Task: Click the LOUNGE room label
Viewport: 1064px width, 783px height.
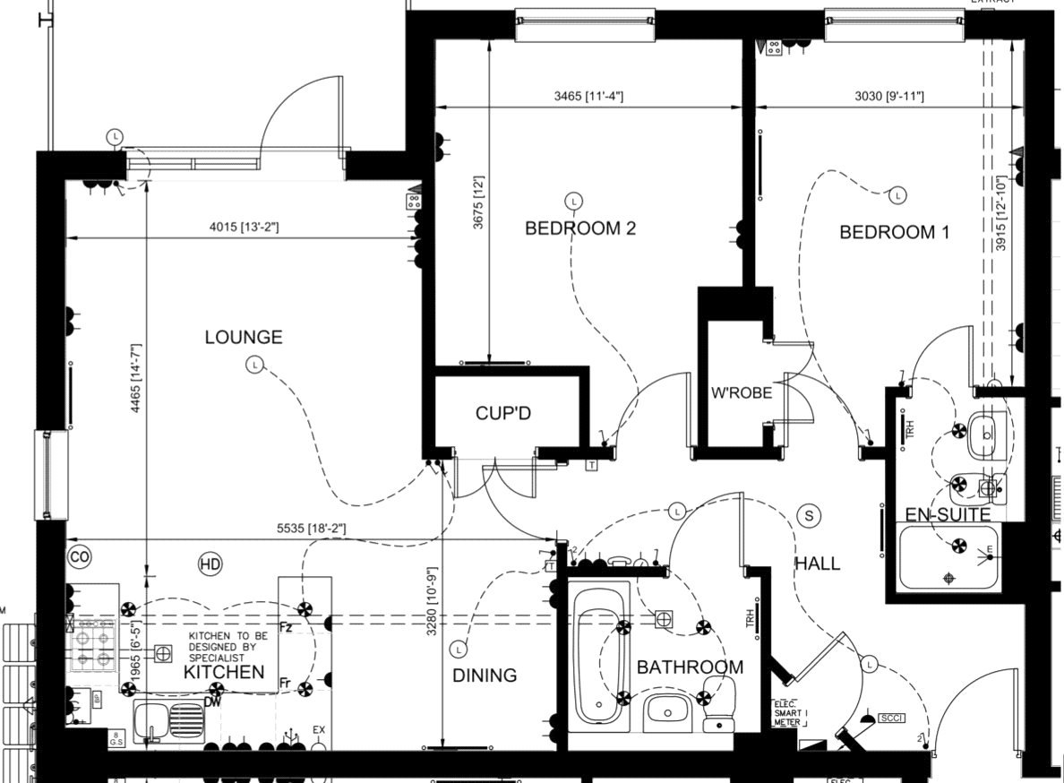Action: tap(243, 338)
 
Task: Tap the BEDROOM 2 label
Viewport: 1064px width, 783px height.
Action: tap(579, 228)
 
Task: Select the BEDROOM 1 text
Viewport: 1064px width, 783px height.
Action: tap(893, 232)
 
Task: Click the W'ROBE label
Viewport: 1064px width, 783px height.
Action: tap(741, 392)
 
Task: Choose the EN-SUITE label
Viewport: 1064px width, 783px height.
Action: tap(947, 515)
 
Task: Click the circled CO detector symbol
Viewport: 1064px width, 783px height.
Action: tap(79, 557)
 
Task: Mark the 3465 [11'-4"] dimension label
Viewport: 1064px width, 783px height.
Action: tap(588, 96)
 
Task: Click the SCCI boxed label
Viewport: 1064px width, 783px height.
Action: tap(891, 718)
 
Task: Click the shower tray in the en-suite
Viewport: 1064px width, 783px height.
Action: tap(949, 557)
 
